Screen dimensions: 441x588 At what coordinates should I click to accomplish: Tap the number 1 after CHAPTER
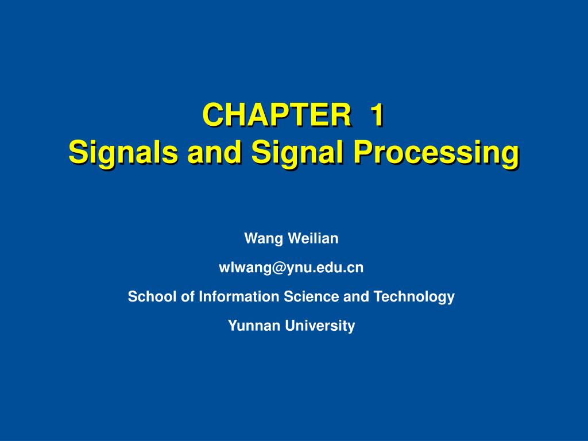pos(376,115)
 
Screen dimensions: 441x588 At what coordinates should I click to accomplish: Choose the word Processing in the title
pos(436,152)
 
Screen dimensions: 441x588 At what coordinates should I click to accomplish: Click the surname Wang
pos(261,239)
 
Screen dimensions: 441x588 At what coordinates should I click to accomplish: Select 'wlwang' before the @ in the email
pos(241,268)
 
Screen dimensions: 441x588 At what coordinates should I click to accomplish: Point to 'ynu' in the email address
pos(289,268)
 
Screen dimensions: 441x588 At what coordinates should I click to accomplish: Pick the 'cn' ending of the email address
pos(357,268)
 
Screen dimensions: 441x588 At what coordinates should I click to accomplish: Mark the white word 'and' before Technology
pos(357,296)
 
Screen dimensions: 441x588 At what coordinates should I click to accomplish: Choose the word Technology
pos(414,297)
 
